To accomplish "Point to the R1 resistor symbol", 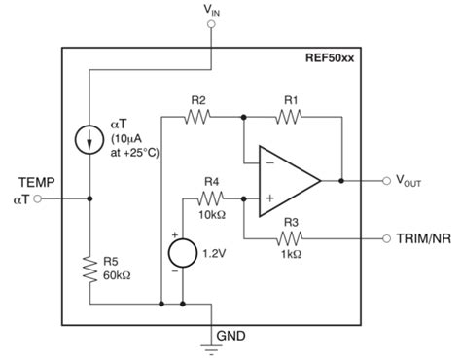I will (291, 116).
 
